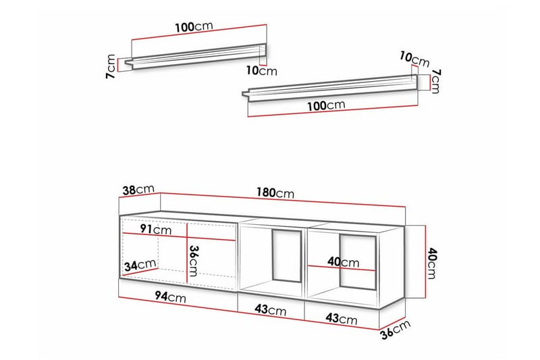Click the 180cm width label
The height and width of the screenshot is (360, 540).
pyautogui.click(x=275, y=192)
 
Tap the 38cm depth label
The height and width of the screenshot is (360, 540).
pyautogui.click(x=138, y=189)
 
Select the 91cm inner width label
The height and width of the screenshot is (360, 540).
pyautogui.click(x=156, y=229)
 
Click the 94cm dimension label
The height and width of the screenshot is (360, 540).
pyautogui.click(x=170, y=297)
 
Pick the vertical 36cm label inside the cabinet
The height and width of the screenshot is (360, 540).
pyautogui.click(x=193, y=261)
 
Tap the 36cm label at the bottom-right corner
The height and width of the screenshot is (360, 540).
pyautogui.click(x=396, y=330)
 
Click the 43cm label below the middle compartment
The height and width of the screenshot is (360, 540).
pyautogui.click(x=271, y=310)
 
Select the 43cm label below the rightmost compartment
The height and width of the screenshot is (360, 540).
pyautogui.click(x=342, y=318)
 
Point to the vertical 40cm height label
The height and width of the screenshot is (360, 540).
pyautogui.click(x=431, y=263)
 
